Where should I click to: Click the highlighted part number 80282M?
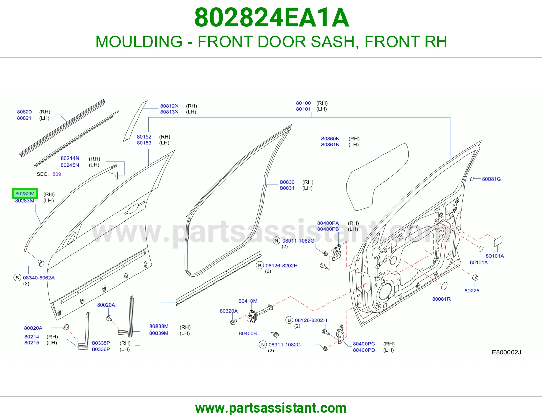(x=25, y=193)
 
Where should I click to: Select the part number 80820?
(x=24, y=112)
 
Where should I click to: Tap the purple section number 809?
(x=57, y=174)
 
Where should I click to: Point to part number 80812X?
(x=169, y=106)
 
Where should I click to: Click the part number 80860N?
(x=330, y=139)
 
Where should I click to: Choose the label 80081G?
(x=492, y=179)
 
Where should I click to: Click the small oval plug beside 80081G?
(x=472, y=179)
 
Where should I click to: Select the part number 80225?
(x=472, y=291)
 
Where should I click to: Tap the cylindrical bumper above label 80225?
(x=475, y=277)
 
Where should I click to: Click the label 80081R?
(x=441, y=299)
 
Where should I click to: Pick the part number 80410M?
(x=248, y=301)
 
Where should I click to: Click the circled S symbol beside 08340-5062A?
(x=17, y=278)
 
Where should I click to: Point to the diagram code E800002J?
(x=506, y=352)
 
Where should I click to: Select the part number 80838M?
(x=159, y=326)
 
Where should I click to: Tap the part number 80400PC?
(x=364, y=344)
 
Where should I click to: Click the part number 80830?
(x=287, y=182)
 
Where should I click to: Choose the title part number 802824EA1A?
(x=272, y=18)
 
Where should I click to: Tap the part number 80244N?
(x=70, y=158)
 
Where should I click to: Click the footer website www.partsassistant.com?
(x=271, y=408)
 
